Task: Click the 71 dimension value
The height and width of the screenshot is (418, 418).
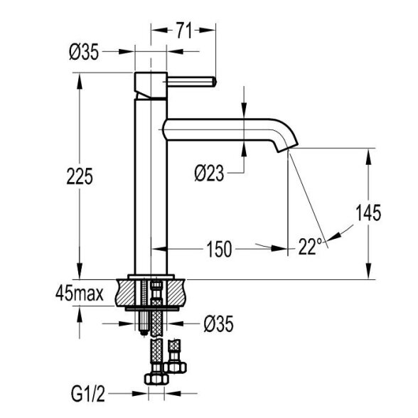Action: pyautogui.click(x=185, y=30)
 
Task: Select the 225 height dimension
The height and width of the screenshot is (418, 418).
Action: pyautogui.click(x=80, y=176)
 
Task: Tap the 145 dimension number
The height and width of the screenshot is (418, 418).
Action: pyautogui.click(x=368, y=213)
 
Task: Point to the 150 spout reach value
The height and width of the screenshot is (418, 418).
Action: pyautogui.click(x=219, y=250)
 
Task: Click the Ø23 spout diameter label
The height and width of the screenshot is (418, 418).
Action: pyautogui.click(x=209, y=173)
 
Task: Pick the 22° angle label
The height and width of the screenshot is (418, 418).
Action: pyautogui.click(x=311, y=247)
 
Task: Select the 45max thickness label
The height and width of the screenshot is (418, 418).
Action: pyautogui.click(x=79, y=294)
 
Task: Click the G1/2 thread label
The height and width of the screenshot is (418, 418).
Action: pyautogui.click(x=88, y=395)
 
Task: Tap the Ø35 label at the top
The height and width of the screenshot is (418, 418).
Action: pyautogui.click(x=84, y=52)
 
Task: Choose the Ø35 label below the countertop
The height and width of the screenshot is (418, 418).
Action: pyautogui.click(x=218, y=324)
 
